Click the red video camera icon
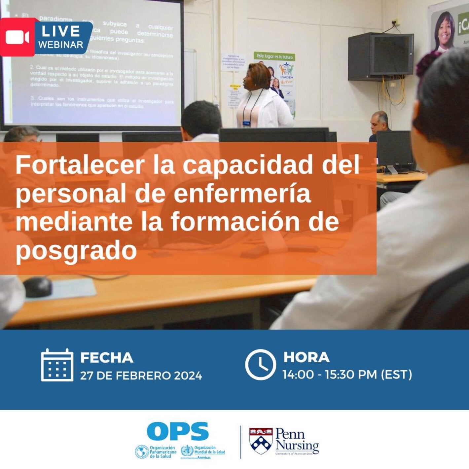[x=17, y=37]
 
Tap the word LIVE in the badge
[x=61, y=31]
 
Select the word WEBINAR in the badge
[x=61, y=45]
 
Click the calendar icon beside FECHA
[x=57, y=365]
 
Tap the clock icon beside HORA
[x=260, y=365]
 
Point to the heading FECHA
[x=107, y=358]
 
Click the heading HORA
[x=306, y=357]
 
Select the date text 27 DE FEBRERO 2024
[x=141, y=376]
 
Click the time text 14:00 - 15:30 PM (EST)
[x=347, y=375]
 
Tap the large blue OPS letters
[x=178, y=431]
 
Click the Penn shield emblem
[x=261, y=440]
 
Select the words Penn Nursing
[x=297, y=439]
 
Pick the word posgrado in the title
[x=76, y=250]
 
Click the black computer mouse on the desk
[x=37, y=287]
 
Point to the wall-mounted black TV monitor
[x=380, y=56]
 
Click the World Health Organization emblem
[x=187, y=451]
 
